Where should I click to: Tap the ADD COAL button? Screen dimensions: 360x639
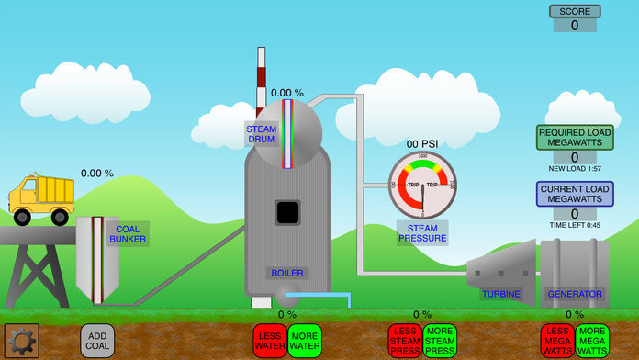click(x=98, y=341)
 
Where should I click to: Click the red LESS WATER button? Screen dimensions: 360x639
click(x=269, y=341)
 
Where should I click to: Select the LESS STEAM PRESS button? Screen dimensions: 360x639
click(x=405, y=341)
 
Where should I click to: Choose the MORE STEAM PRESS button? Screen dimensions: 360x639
click(x=440, y=341)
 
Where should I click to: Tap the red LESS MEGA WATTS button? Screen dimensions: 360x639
click(x=558, y=341)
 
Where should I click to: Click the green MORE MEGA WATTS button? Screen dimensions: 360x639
click(x=592, y=341)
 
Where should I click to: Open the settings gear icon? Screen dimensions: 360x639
click(x=21, y=341)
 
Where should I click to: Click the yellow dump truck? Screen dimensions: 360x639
click(x=41, y=198)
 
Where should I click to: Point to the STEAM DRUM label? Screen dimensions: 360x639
click(x=261, y=135)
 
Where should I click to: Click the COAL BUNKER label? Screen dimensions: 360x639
click(x=127, y=233)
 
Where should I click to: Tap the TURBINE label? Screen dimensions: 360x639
click(x=500, y=294)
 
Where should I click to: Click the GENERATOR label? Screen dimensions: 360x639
click(x=575, y=294)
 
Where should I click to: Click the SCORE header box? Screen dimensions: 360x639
click(x=575, y=12)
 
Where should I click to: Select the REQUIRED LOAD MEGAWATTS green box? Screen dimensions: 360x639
click(x=575, y=138)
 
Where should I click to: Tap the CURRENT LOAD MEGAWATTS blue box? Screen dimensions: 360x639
click(x=575, y=194)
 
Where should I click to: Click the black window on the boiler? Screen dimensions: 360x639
click(x=287, y=213)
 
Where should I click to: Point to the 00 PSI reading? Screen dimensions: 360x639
click(x=422, y=143)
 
